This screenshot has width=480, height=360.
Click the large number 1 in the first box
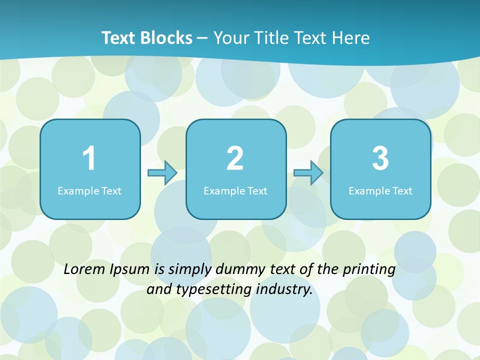89,158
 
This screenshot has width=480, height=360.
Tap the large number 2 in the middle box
235,158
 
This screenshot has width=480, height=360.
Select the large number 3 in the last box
380,158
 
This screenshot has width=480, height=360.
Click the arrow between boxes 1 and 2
162,173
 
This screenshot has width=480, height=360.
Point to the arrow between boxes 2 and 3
308,173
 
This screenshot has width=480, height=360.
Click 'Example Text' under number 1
89,190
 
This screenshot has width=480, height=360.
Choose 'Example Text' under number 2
235,190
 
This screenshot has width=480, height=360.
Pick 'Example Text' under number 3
380,190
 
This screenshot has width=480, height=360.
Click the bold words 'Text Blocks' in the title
147,38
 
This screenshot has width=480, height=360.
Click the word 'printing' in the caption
369,270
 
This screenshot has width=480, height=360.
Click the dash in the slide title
203,38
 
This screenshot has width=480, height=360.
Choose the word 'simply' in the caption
188,270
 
